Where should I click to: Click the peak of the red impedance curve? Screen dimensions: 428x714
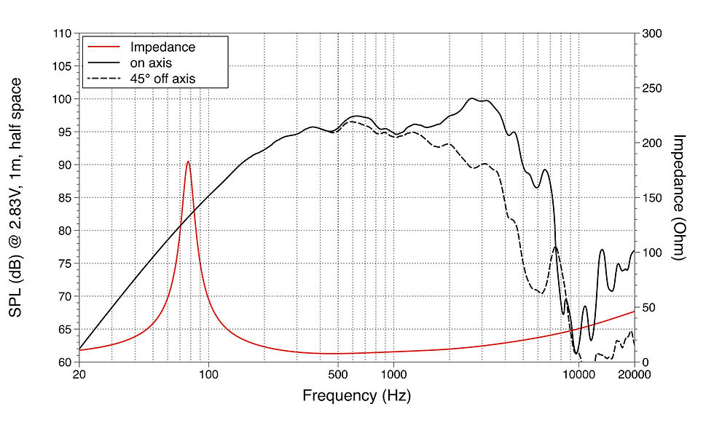(x=188, y=162)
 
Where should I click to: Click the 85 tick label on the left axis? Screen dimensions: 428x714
(x=64, y=198)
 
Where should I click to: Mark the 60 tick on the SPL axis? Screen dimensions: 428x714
(x=64, y=362)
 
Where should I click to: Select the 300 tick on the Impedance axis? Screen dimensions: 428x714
(x=651, y=33)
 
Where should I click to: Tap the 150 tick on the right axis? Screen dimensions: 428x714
(x=651, y=198)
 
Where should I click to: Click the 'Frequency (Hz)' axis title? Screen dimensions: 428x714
(x=356, y=397)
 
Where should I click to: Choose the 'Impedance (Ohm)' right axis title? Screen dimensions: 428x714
(x=679, y=197)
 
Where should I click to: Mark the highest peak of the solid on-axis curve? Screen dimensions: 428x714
(x=472, y=98)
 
